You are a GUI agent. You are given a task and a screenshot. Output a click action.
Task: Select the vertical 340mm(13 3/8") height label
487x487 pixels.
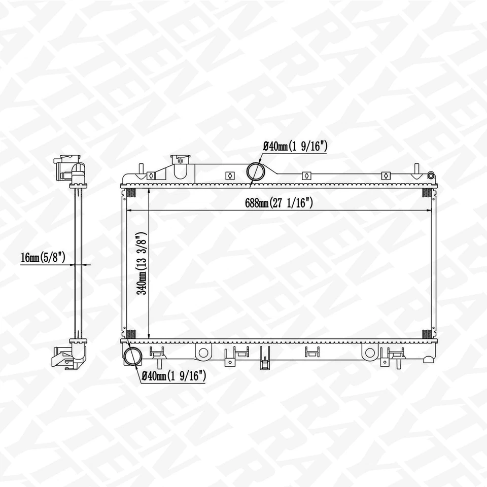(143, 264)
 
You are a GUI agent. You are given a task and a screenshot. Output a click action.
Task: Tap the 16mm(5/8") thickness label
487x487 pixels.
(44, 258)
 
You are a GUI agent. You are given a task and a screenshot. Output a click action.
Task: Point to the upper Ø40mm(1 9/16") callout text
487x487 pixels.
(295, 147)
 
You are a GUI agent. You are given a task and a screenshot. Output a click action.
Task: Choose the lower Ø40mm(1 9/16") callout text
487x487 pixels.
(174, 376)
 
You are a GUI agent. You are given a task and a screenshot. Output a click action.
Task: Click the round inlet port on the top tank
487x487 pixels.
(255, 171)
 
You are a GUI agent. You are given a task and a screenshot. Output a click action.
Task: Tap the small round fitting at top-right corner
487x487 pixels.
(431, 176)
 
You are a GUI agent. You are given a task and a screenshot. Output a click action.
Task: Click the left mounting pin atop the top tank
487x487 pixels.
(141, 169)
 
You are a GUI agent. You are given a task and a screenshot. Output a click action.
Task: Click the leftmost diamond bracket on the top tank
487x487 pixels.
(151, 176)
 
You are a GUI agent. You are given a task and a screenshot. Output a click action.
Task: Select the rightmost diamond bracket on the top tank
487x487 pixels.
(386, 176)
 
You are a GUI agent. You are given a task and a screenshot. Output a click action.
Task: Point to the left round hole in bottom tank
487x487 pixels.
(203, 353)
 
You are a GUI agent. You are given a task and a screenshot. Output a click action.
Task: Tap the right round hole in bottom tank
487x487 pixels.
(370, 353)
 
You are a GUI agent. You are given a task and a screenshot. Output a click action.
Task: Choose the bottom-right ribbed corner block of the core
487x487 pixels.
(427, 334)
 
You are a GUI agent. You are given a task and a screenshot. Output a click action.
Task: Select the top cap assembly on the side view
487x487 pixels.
(71, 168)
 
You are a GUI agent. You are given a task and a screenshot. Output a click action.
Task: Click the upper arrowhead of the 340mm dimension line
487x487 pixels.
(148, 192)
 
